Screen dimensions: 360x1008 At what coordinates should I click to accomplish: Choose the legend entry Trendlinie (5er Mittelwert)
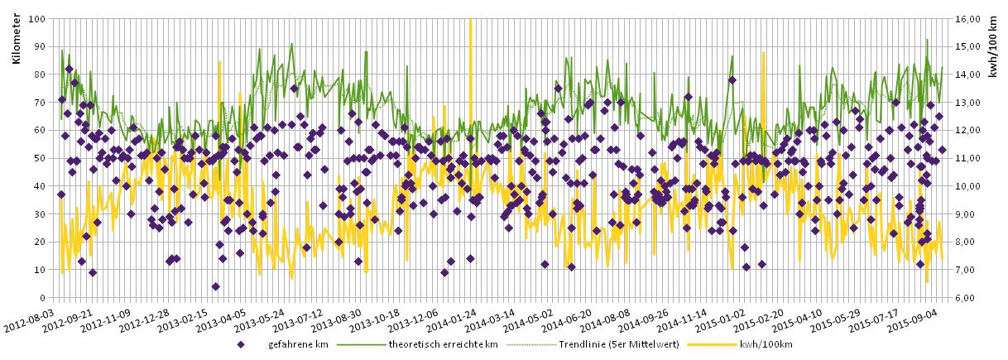(608, 344)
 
